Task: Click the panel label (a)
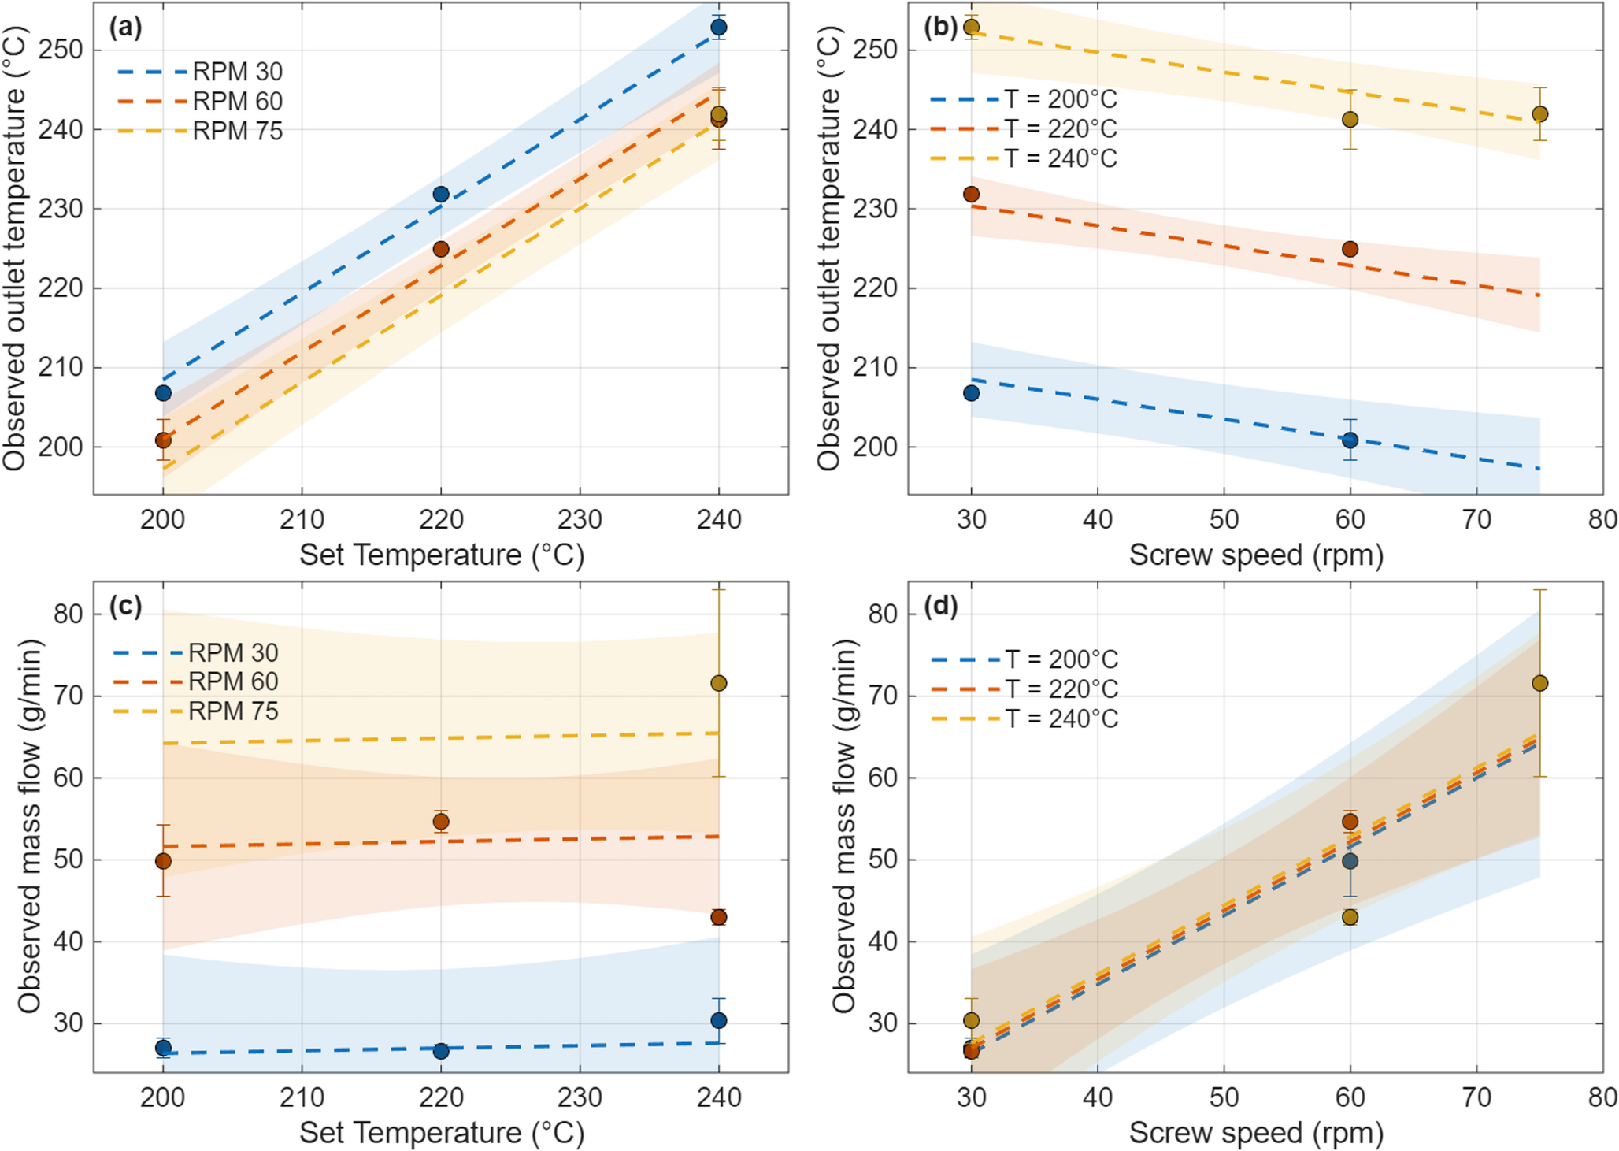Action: click(126, 28)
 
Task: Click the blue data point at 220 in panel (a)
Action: click(441, 194)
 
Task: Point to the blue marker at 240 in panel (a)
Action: click(718, 28)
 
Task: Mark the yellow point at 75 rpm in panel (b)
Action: click(1539, 114)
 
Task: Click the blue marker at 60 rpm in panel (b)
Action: click(1350, 440)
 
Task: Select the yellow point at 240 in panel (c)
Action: click(718, 683)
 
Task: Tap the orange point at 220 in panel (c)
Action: click(441, 822)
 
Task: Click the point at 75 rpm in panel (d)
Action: click(1539, 683)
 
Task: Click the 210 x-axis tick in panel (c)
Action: click(302, 1097)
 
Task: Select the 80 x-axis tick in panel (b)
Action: click(1602, 520)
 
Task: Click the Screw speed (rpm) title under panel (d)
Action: click(1255, 1133)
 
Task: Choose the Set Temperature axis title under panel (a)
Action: click(441, 555)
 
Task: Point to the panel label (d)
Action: click(941, 607)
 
